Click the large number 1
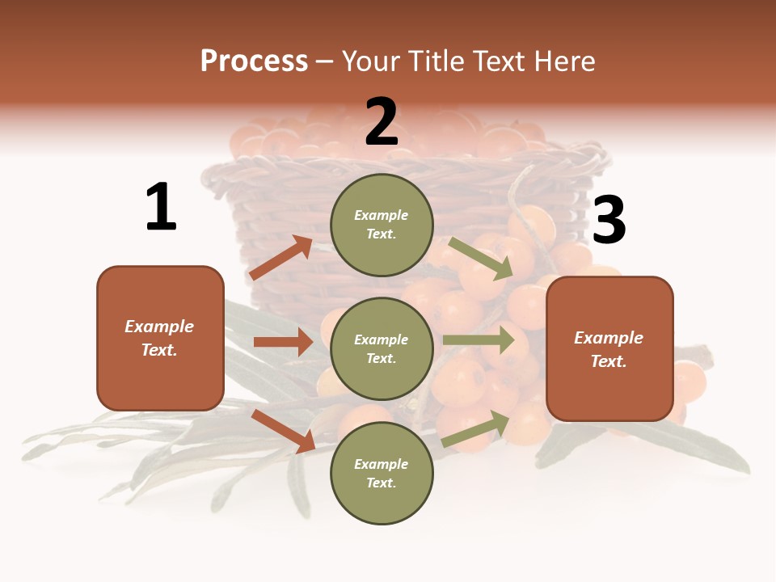tap(161, 208)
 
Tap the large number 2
tap(382, 123)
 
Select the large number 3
tap(609, 220)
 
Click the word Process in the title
tap(254, 61)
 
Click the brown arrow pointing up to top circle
tap(281, 258)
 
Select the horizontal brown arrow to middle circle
tap(284, 342)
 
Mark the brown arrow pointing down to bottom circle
tap(284, 431)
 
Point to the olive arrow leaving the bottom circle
tap(476, 428)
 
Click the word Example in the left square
tap(159, 327)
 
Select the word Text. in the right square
tap(609, 361)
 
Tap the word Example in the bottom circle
tap(382, 464)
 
